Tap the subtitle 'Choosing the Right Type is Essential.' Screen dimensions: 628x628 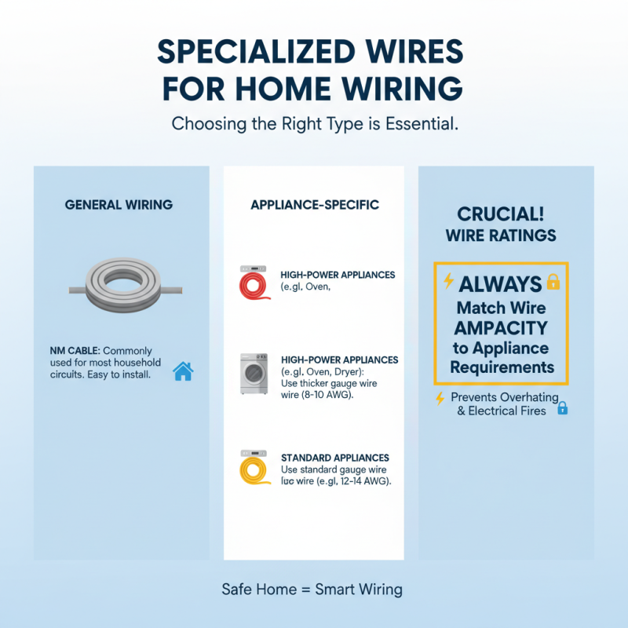[314, 123]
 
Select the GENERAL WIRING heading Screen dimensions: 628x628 [119, 205]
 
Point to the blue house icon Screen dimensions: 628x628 [183, 371]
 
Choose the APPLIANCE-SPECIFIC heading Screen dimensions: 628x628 [314, 205]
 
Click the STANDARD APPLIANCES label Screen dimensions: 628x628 [334, 458]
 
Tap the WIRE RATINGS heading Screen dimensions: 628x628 [501, 235]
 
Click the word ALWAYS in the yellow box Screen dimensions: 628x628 [500, 284]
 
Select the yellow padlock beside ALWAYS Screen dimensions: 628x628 [553, 282]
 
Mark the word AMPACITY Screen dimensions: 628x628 [501, 327]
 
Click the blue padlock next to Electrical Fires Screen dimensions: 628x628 [562, 408]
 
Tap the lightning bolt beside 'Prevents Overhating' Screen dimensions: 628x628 [440, 398]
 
